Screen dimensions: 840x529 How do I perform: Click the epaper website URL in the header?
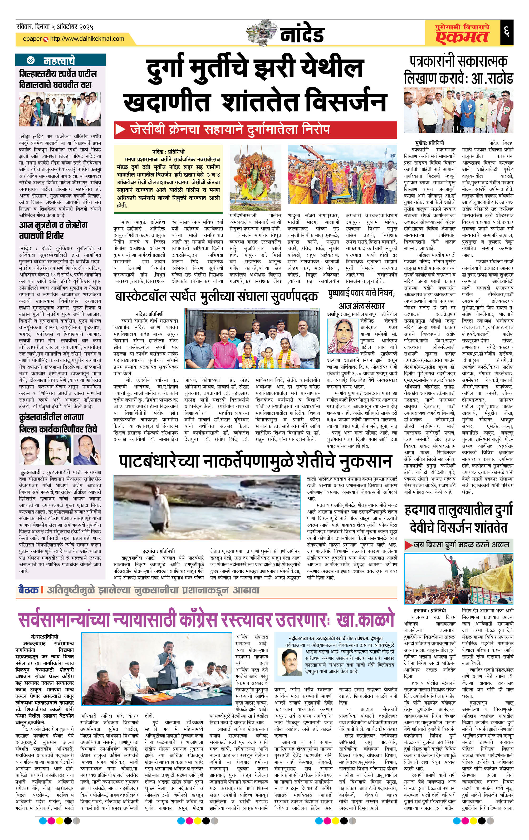point(87,39)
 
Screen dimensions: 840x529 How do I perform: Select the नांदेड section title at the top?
point(302,34)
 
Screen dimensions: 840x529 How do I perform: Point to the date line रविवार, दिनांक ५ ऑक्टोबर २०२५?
point(55,27)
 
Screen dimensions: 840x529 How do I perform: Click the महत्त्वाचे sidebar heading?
point(59,61)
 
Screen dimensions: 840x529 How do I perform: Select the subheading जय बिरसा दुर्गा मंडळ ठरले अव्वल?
point(461,544)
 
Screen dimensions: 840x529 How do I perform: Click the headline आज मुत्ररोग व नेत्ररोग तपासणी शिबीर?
point(53,230)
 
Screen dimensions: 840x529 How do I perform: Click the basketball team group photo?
point(252,339)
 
